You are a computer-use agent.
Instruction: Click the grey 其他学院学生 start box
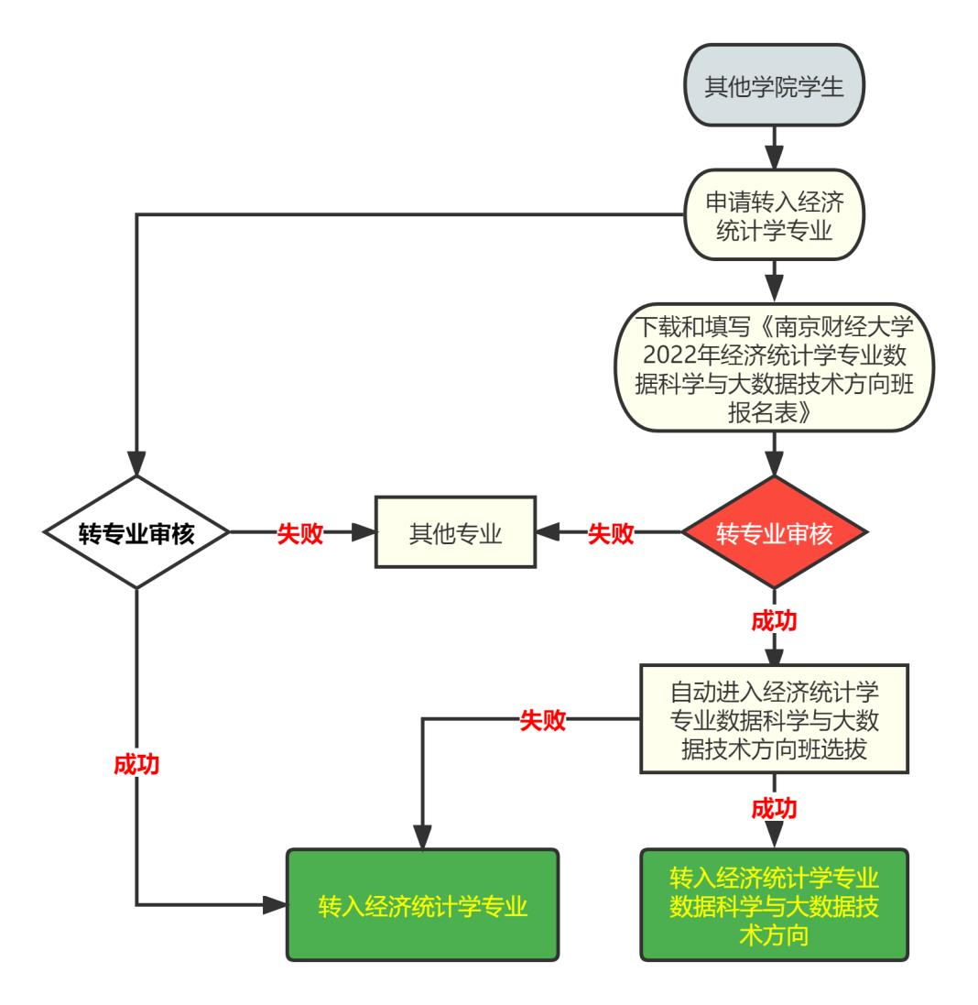point(775,87)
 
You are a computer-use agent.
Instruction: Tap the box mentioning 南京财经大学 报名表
point(775,366)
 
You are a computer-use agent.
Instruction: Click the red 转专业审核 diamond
point(775,532)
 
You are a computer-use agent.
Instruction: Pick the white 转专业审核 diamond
point(136,532)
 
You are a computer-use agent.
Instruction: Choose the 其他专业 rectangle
point(454,532)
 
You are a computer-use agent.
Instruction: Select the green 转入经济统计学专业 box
point(422,905)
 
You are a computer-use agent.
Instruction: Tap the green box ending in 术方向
point(775,905)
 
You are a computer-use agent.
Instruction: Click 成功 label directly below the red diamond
point(774,621)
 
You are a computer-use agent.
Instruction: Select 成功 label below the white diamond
point(136,765)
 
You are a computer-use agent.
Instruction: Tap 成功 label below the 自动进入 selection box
point(774,807)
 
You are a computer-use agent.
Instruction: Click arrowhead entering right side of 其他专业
point(547,532)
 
